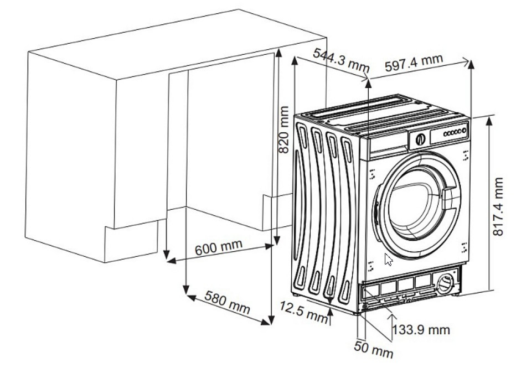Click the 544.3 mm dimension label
(x=340, y=61)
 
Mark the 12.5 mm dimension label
(x=303, y=312)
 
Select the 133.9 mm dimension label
(x=421, y=330)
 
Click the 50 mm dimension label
(x=374, y=350)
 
